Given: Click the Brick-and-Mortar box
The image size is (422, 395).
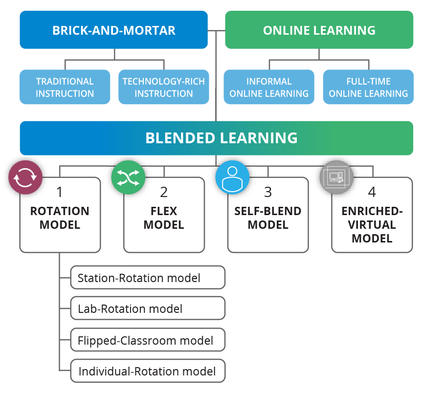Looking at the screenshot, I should coord(113,30).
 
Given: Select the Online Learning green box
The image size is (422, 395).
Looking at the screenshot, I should coord(319,30).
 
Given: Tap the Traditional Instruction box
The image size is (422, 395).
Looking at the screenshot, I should coord(65,87).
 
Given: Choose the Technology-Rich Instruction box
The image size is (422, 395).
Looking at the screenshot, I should coord(163,87).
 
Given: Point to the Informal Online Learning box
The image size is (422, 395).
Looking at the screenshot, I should coord(269,87).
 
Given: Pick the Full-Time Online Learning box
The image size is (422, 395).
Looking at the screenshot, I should coord(368,87).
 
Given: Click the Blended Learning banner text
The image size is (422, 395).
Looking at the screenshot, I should coord(221,138).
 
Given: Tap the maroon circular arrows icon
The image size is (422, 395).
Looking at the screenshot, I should coord(25,178).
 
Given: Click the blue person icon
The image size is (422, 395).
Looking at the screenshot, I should coord(232,178).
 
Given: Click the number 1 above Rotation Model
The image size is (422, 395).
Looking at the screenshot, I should coord(60,192).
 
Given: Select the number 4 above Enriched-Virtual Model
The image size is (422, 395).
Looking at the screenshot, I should coord(372,192).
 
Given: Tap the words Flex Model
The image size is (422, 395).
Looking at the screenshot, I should coord(164,218).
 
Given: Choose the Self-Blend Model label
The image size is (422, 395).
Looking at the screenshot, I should coord(268,218).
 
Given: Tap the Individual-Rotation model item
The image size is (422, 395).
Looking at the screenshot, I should coord(147,371).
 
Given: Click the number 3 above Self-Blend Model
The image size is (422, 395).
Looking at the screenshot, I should coord(268,192).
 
